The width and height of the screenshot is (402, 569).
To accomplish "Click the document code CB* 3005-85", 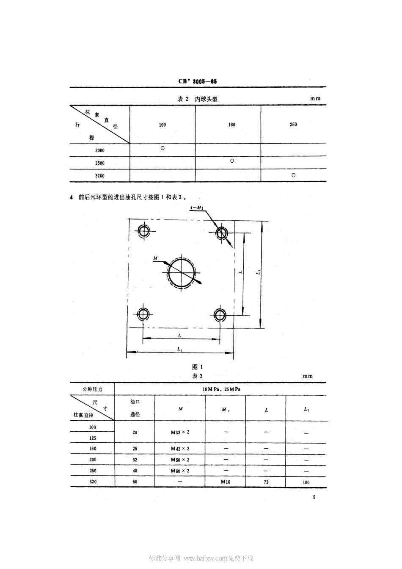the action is point(198,81).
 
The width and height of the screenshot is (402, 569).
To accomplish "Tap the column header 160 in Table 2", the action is point(231,125).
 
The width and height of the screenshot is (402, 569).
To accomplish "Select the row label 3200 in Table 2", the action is point(100,175).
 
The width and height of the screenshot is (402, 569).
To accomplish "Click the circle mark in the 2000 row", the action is point(162,148).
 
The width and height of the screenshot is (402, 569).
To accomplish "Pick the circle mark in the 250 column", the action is point(293,175).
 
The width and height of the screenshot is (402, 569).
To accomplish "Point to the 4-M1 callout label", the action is point(197,208).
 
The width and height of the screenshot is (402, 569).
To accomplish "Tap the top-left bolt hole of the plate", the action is point(143,231).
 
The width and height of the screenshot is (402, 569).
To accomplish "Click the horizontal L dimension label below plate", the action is point(180,335).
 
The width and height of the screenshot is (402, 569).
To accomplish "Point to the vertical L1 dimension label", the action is point(258,274).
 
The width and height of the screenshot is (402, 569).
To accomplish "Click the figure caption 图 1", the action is point(198,367).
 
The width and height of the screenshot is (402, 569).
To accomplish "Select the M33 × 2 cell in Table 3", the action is point(180,433).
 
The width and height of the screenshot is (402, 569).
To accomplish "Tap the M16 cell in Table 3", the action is point(225,482).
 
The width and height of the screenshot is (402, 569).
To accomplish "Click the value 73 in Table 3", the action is point(266,482).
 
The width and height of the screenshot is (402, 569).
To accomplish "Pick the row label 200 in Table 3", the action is point(93,460).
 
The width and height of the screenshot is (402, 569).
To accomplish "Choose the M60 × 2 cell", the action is point(180,471).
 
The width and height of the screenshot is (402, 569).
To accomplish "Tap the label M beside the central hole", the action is point(155,258).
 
